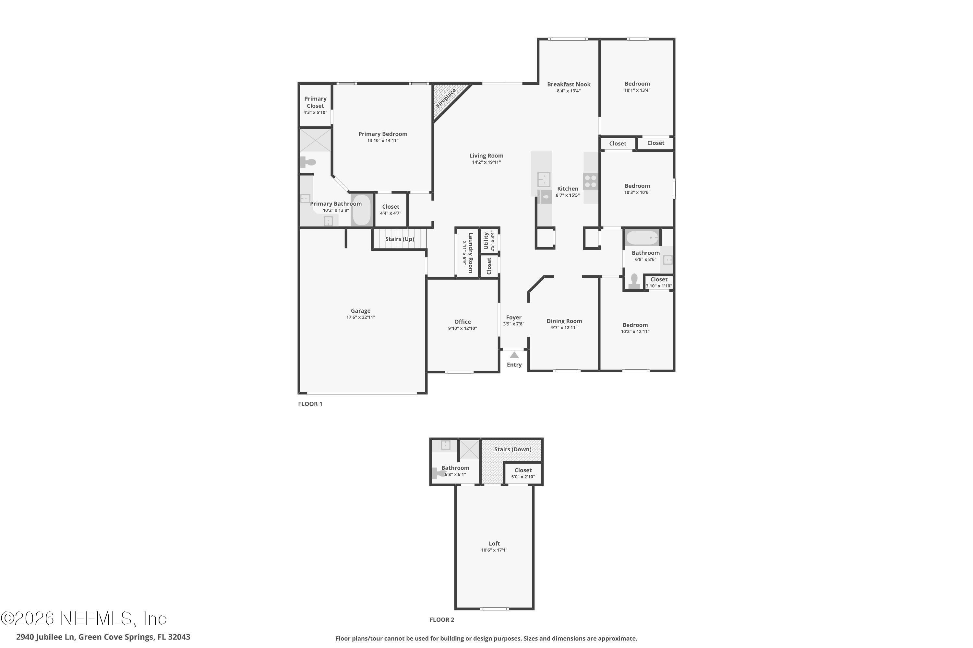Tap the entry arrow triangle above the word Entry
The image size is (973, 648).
tap(514, 355)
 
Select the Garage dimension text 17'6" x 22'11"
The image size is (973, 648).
tap(360, 318)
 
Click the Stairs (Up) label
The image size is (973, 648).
tap(399, 239)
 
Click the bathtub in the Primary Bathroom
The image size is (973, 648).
tap(362, 210)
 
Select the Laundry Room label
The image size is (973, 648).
tap(470, 252)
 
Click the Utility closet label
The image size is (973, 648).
tap(486, 240)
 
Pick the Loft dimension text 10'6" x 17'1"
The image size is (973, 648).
tap(494, 550)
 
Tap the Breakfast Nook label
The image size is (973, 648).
tap(569, 84)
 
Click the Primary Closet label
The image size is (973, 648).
tap(315, 102)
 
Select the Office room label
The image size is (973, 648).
tap(462, 321)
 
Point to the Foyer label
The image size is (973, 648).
tap(513, 318)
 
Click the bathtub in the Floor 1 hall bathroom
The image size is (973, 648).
tap(642, 238)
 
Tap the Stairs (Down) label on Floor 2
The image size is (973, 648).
tap(512, 449)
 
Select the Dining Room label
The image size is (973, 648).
tap(564, 321)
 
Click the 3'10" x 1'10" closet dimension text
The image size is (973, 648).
tap(659, 286)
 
